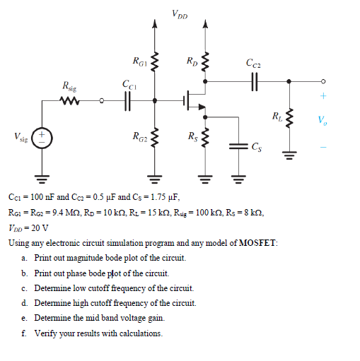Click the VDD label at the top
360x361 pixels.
point(180,13)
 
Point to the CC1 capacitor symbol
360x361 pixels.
point(129,101)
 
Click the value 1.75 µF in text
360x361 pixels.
point(160,198)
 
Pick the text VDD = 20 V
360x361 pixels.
point(29,227)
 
